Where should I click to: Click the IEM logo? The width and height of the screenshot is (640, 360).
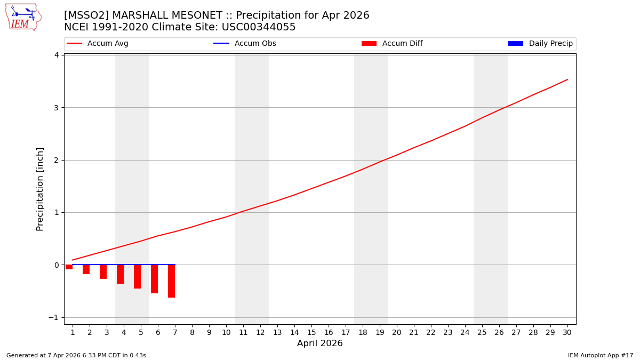[x=23, y=17]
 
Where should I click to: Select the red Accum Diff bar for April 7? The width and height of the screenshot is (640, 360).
[x=171, y=281]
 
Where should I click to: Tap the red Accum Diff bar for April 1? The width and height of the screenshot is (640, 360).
[x=69, y=267]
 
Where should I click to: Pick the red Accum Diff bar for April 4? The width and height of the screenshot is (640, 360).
[x=120, y=274]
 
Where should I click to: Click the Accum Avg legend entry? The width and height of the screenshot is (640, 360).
[x=98, y=44]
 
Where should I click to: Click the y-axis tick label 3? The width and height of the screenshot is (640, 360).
[x=55, y=108]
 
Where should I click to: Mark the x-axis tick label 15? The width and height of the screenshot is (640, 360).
[x=311, y=332]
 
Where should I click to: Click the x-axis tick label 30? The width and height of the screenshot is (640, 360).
[x=567, y=332]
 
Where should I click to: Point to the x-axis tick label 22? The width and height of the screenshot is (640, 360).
[x=431, y=332]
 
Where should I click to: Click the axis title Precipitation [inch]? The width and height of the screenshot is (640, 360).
[x=40, y=189]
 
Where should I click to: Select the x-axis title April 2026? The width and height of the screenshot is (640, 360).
[x=320, y=343]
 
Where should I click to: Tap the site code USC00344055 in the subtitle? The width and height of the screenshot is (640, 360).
[x=259, y=27]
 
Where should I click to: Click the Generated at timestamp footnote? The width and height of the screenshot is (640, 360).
[x=76, y=356]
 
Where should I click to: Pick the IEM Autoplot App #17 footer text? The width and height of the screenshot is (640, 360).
[x=601, y=356]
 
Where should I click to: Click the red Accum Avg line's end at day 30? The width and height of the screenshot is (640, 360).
[x=567, y=79]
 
